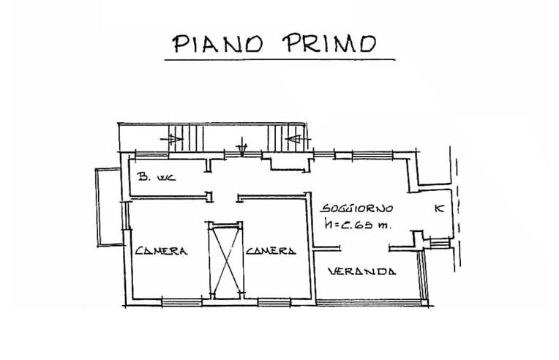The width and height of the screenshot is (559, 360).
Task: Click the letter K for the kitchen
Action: pos(438,209)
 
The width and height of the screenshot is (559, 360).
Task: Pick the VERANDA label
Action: pos(362,271)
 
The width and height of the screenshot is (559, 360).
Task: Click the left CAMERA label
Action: pos(162,251)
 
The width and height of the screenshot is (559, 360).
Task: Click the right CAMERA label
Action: pos(271,251)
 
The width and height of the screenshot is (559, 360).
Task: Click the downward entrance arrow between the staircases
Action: pos(244,149)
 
